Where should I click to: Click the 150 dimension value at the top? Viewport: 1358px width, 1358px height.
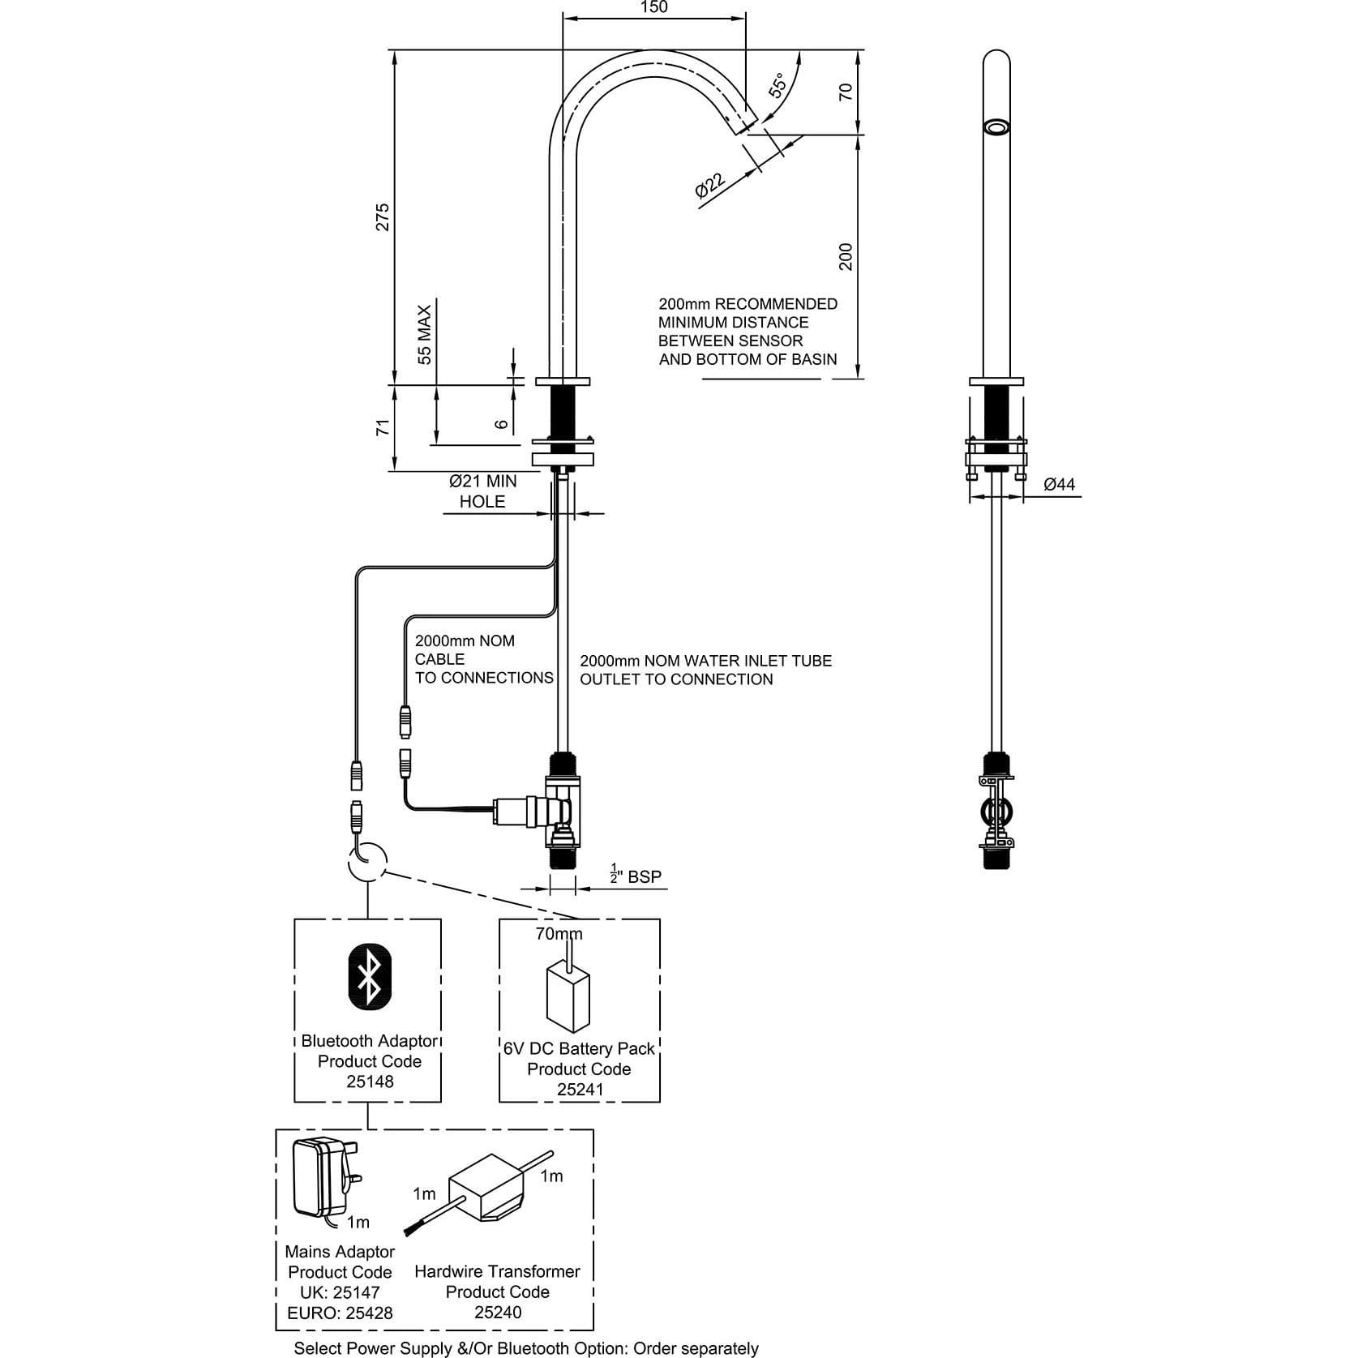653,8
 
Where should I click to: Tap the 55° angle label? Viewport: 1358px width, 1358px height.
778,85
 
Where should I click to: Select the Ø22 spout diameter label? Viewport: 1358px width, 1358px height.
710,186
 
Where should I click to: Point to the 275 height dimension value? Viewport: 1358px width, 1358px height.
383,216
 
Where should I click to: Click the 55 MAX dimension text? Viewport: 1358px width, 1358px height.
425,334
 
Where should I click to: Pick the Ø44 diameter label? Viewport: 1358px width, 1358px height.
1059,485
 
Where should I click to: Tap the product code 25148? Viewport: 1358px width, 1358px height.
370,1082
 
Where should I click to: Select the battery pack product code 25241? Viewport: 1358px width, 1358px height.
580,1090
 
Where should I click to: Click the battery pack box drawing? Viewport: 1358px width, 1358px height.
568,998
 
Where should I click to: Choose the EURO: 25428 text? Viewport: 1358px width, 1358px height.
340,1313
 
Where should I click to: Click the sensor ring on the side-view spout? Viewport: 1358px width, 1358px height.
996,127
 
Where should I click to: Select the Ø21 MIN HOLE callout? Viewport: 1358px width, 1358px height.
482,491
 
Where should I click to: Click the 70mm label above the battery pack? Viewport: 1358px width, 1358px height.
559,934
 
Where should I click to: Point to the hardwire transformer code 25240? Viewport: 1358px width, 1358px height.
498,1312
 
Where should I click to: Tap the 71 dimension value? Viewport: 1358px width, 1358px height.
383,427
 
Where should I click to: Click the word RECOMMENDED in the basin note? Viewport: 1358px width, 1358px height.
775,304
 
